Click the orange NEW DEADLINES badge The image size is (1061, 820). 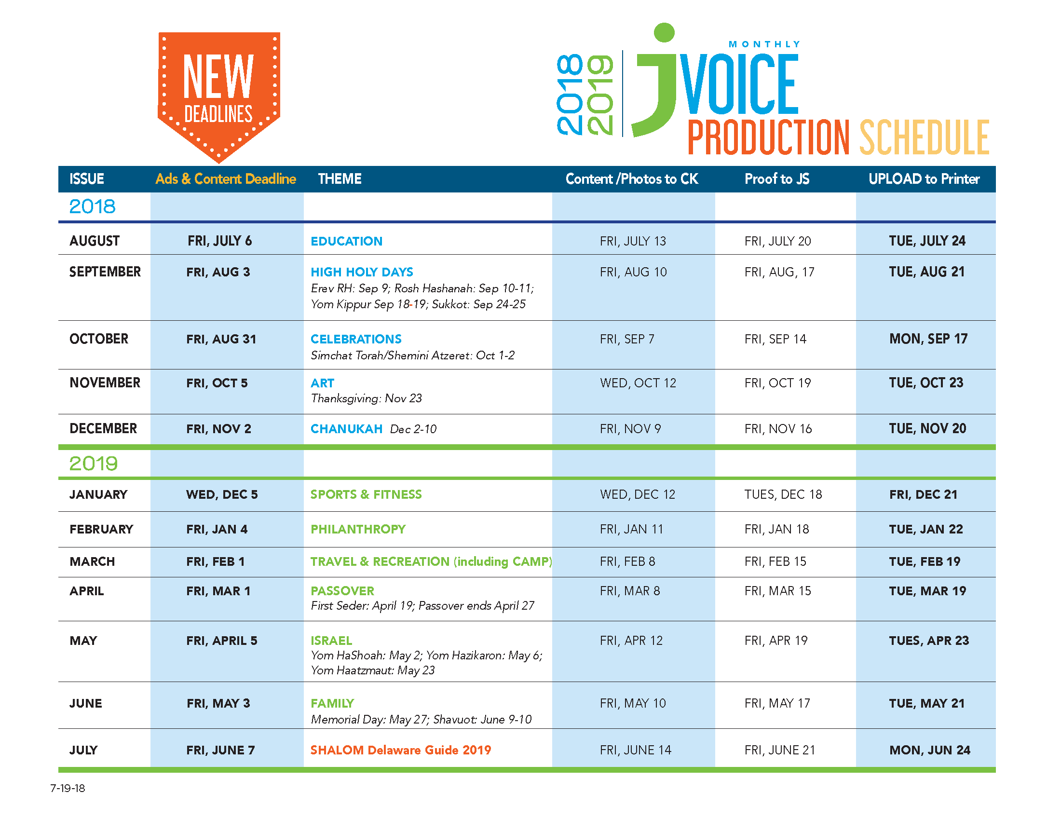(x=218, y=92)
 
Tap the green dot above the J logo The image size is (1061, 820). (x=664, y=32)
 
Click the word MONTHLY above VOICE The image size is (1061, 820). (x=764, y=44)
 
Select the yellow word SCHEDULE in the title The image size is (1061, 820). (x=925, y=137)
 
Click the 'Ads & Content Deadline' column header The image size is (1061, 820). (x=226, y=179)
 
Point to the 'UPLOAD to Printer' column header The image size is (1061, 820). (x=924, y=179)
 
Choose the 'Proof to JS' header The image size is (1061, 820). (x=777, y=179)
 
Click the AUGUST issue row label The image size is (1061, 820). (x=94, y=241)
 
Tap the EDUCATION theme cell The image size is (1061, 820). (x=346, y=241)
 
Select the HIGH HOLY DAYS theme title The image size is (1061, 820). (x=362, y=272)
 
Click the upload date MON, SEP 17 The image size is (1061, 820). (x=928, y=339)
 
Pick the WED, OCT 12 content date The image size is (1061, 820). (x=638, y=383)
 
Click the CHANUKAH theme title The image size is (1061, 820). (x=346, y=429)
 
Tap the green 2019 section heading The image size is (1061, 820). (x=93, y=464)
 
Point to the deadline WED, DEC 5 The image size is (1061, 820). (x=222, y=494)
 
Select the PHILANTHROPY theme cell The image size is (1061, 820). (x=358, y=529)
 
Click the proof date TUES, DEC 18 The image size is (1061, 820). (x=783, y=494)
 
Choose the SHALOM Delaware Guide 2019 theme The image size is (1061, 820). (x=401, y=750)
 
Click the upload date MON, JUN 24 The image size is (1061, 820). (x=930, y=750)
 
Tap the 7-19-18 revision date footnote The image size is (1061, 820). (x=68, y=789)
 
